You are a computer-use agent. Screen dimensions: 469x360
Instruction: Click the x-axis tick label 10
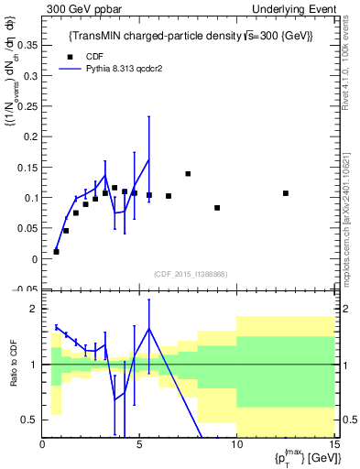236,446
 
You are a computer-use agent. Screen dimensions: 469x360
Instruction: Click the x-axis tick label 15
333,446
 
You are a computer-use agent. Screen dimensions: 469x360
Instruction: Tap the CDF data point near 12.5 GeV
286,193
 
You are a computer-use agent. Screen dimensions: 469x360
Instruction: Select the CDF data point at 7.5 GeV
188,173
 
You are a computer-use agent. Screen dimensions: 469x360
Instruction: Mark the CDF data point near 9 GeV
217,208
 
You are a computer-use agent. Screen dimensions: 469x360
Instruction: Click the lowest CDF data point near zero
56,251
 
